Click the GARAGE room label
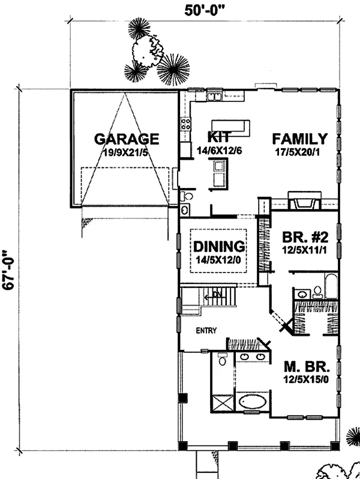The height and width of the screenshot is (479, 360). [127, 139]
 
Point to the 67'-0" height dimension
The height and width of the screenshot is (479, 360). [9, 270]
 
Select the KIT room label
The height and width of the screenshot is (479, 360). [218, 137]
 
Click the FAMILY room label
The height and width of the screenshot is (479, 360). [300, 139]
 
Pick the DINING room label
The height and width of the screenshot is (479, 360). [219, 246]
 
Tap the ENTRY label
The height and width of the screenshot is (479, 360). [206, 331]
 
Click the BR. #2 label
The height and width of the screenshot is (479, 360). [305, 237]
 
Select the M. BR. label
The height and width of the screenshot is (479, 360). [307, 366]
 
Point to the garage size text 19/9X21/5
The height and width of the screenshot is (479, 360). [125, 152]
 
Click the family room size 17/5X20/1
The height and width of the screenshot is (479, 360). [298, 152]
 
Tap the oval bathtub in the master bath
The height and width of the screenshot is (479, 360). [252, 402]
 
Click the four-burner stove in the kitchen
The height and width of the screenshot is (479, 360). [186, 124]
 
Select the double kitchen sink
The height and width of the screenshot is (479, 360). [214, 97]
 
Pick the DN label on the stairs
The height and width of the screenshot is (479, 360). [217, 295]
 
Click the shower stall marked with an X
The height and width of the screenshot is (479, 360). [223, 403]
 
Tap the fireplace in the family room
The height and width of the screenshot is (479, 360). [305, 200]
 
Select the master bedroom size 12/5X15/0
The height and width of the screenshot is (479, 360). [306, 380]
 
